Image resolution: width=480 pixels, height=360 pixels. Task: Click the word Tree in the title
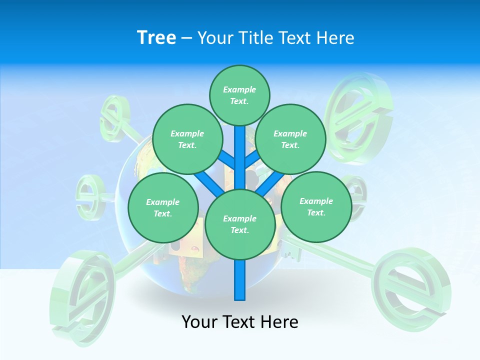[x=156, y=37]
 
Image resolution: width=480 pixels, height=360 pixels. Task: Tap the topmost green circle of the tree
[x=239, y=95]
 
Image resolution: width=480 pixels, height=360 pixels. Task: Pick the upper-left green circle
[x=187, y=139]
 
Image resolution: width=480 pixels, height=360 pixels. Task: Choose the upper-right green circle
[x=290, y=139]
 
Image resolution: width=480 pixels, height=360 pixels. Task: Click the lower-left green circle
[x=163, y=207]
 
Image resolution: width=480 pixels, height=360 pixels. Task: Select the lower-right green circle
[x=316, y=206]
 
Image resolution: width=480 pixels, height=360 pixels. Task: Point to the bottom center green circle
[x=240, y=224]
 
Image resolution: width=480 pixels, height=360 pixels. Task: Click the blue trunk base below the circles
[x=240, y=282]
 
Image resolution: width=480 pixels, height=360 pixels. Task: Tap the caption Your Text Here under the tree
[x=240, y=321]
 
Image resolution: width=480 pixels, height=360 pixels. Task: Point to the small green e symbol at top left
[x=114, y=116]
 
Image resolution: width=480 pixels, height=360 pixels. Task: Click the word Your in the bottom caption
[x=200, y=321]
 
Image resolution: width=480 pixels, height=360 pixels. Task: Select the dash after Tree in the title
[x=186, y=37]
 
